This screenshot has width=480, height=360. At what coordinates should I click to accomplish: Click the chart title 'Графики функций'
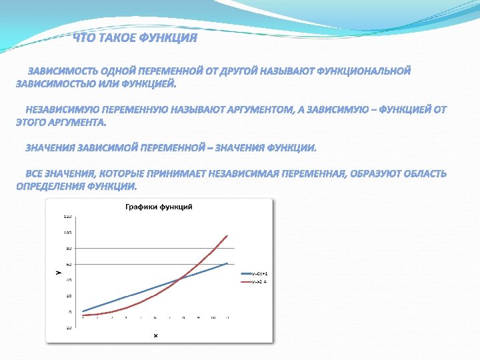point(159,207)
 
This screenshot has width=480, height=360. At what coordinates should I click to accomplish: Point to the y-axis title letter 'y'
point(57,271)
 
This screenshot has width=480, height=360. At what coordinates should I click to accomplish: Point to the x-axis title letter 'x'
point(155,335)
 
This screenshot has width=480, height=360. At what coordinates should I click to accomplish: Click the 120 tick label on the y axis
point(67,217)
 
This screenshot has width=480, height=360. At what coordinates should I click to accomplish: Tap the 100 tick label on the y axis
point(67,233)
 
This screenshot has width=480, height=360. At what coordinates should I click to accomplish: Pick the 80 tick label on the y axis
point(67,249)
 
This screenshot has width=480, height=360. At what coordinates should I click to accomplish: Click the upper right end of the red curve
point(228,235)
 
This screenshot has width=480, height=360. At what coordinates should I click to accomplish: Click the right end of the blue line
point(228,263)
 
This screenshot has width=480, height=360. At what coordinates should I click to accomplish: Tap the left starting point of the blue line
point(82,311)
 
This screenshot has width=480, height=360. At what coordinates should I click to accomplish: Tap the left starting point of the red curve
point(82,315)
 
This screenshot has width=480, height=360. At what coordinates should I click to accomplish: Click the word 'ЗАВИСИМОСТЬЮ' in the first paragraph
point(55,84)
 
